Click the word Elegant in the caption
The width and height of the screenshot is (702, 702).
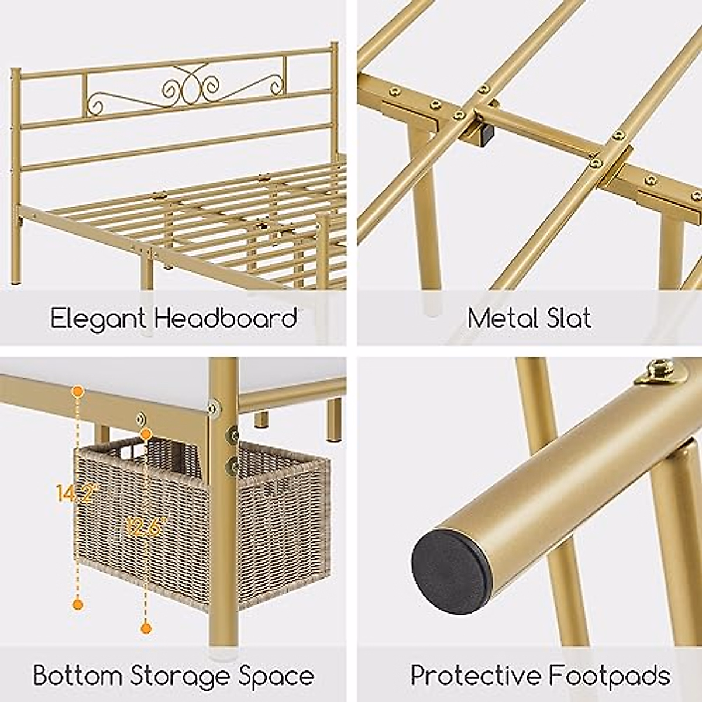tap(98, 319)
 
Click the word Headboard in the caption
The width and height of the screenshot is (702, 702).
tap(226, 318)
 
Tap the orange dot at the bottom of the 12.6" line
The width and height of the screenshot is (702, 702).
tap(146, 628)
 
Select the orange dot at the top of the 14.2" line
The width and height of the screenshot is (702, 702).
tap(77, 390)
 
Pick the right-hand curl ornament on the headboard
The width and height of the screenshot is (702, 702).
tap(270, 86)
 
